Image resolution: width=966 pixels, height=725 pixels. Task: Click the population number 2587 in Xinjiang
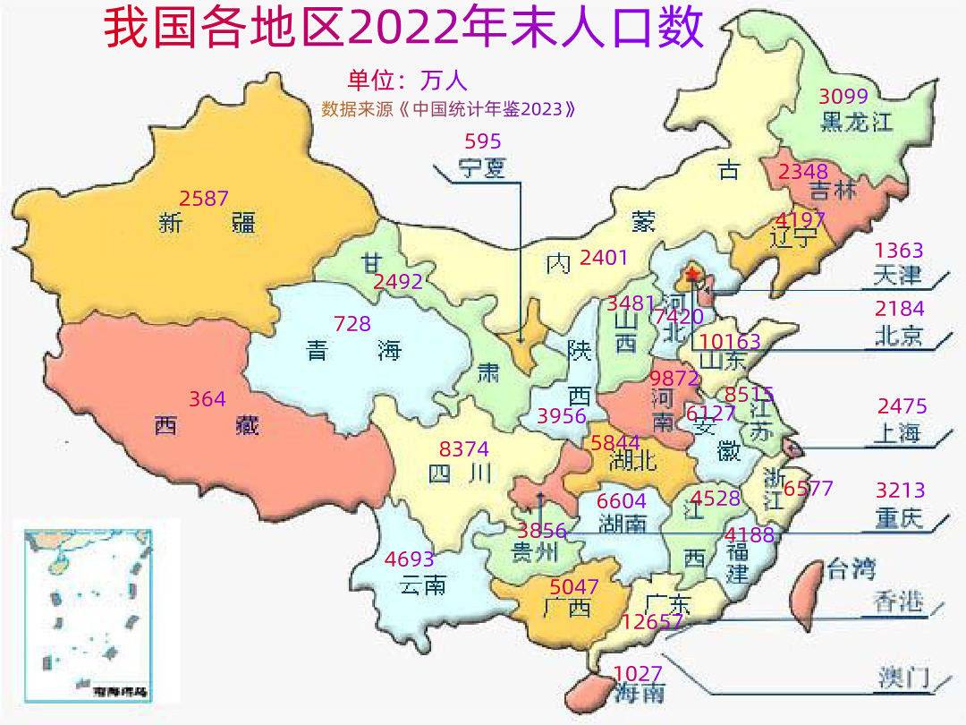[204, 199]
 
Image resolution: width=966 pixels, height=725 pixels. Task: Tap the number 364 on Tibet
[208, 399]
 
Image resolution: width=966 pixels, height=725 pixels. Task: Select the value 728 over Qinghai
[352, 324]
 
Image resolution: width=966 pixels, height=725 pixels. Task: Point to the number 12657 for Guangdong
[653, 622]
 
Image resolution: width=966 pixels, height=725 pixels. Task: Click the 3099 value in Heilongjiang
[844, 97]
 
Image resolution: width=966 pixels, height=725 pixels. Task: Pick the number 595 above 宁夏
[483, 141]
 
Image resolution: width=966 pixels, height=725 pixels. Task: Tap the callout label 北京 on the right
[898, 337]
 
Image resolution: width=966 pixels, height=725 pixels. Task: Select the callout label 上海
[896, 433]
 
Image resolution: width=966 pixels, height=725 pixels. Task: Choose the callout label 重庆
[899, 518]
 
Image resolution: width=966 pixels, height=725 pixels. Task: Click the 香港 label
[898, 602]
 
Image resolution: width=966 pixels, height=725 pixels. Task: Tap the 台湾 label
[851, 568]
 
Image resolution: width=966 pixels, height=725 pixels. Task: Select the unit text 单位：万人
[408, 81]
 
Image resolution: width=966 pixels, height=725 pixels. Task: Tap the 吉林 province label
[832, 191]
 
